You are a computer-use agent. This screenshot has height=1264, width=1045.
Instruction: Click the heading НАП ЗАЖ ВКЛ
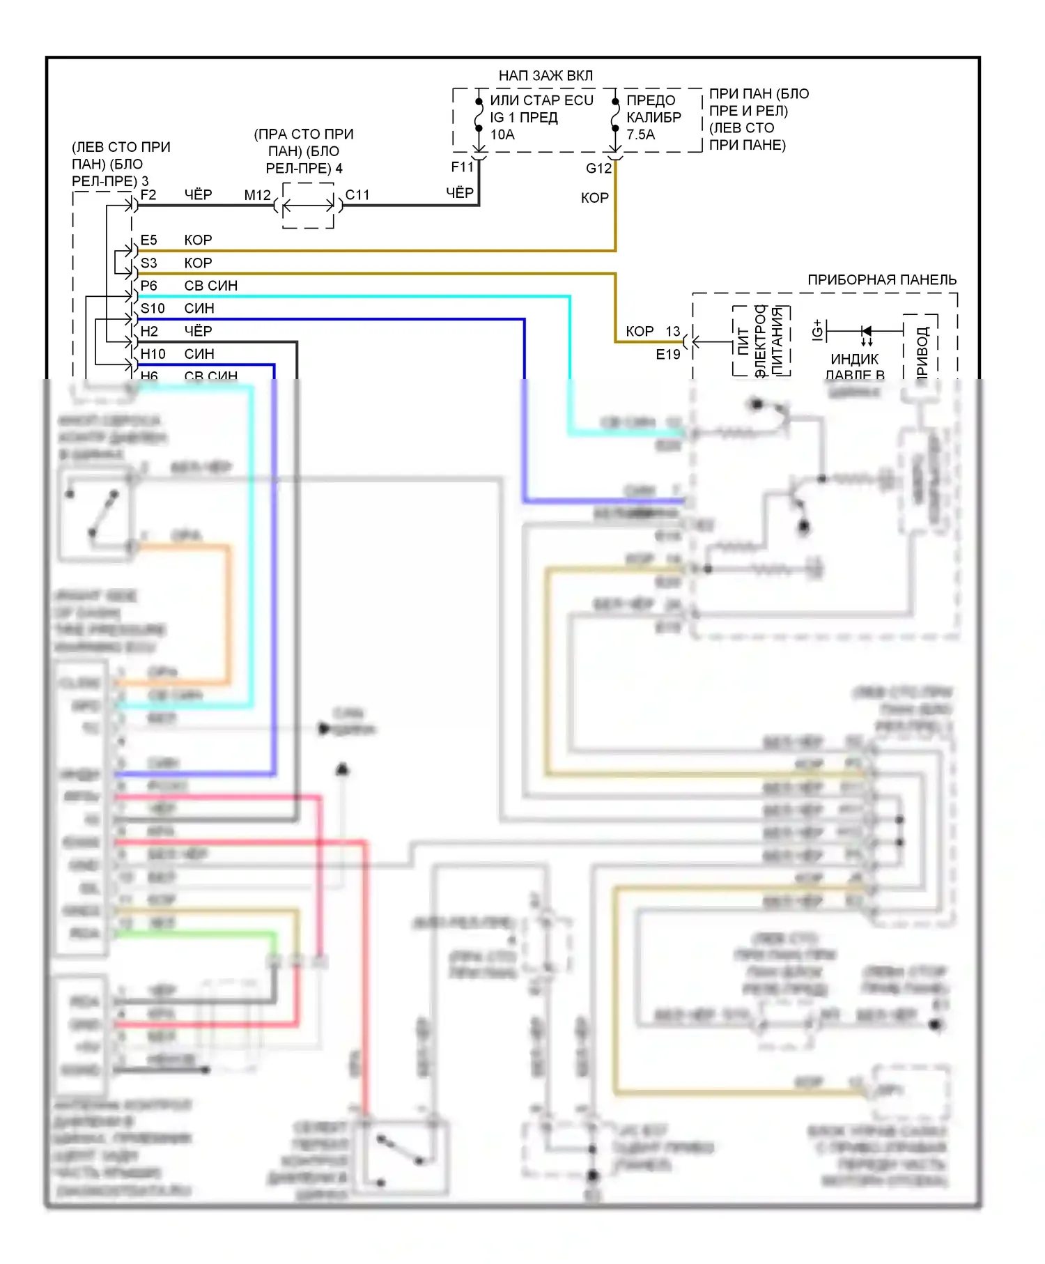coord(545,75)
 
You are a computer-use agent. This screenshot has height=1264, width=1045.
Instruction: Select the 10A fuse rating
coord(502,134)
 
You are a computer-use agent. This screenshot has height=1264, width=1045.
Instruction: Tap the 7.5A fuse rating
coord(640,134)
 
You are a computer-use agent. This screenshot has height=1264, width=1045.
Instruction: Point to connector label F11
coord(462,167)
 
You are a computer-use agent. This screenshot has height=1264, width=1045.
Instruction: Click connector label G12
coord(598,169)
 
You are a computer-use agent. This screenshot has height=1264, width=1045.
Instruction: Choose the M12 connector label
coord(257,195)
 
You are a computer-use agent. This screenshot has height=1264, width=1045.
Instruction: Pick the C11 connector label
coord(357,195)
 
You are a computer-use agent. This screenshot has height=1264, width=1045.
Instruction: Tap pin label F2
coord(148,195)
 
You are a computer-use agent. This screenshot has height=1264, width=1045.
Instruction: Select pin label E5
coord(148,240)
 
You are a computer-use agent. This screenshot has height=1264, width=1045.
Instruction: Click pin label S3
coord(148,263)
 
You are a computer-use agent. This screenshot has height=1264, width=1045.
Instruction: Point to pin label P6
coord(148,286)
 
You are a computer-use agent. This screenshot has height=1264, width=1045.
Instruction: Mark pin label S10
coord(153,309)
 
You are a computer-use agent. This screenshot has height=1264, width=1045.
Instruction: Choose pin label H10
coord(153,354)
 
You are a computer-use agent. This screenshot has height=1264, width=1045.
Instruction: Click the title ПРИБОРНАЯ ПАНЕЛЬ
coord(882,280)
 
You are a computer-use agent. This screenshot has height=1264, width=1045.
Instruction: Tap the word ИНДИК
coord(854,360)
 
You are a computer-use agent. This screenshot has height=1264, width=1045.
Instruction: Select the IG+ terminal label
coord(817,330)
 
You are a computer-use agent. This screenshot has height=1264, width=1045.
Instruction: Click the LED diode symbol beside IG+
coord(866,331)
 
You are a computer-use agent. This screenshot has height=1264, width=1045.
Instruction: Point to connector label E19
coord(667,355)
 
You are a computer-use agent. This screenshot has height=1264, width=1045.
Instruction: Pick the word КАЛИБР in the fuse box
coord(653,117)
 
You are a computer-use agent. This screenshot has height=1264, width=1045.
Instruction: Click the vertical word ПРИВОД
coord(922,353)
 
